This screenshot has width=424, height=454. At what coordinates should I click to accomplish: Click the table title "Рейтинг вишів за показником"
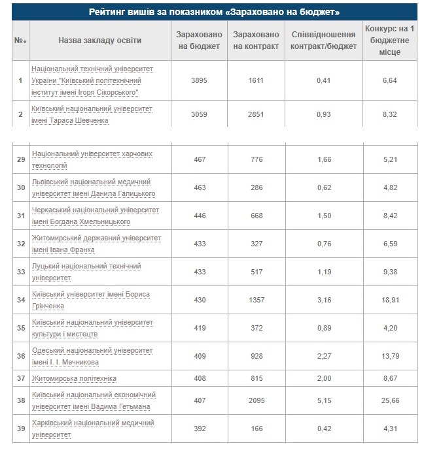[x=213, y=12]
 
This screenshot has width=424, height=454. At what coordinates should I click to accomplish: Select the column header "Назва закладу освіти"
[x=99, y=41]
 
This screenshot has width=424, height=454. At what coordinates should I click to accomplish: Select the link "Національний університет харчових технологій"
[x=92, y=159]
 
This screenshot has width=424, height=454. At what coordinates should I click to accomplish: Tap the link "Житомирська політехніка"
[x=75, y=378]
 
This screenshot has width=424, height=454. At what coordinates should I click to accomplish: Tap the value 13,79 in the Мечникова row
[x=389, y=356]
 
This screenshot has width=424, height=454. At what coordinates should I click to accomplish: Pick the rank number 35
[x=20, y=328]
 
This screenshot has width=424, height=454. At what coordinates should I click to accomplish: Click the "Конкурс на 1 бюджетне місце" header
[x=389, y=41]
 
